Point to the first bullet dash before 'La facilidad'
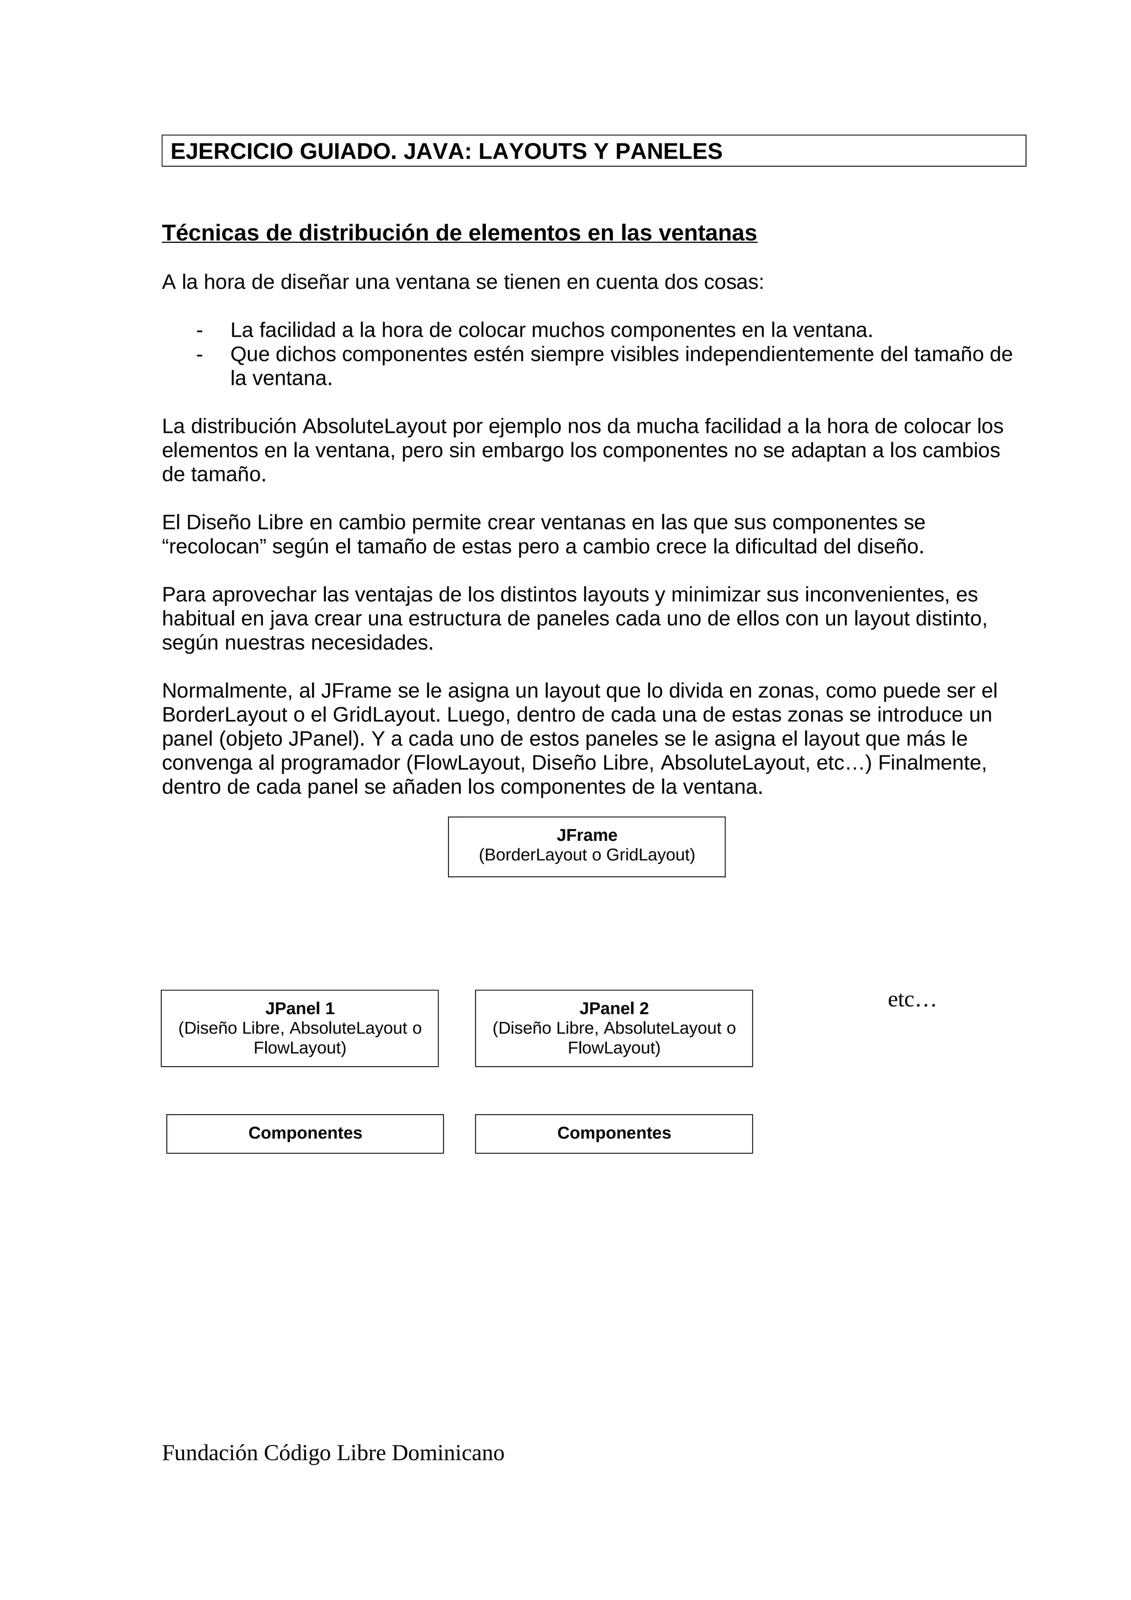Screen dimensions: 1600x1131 (200, 330)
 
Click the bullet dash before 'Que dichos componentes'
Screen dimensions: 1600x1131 (200, 354)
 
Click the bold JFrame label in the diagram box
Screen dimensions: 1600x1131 (586, 835)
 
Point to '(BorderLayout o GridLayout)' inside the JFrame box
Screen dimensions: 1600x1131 (586, 855)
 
